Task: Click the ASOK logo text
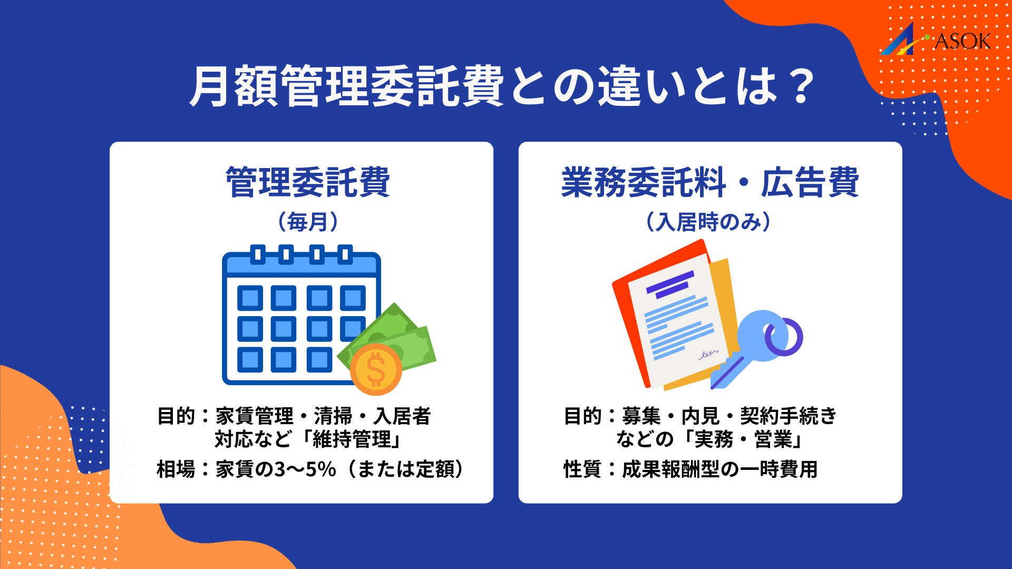(x=962, y=42)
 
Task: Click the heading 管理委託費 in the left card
(x=308, y=182)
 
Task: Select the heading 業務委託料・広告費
(x=710, y=182)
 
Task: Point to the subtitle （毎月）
(x=308, y=222)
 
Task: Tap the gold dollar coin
(x=376, y=369)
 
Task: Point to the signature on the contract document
(x=708, y=354)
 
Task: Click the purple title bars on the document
(x=669, y=284)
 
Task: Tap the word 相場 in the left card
(x=176, y=469)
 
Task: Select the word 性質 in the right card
(x=582, y=469)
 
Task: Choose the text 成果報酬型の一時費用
(x=719, y=469)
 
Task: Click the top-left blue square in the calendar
(x=250, y=298)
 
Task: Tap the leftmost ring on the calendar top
(x=257, y=254)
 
